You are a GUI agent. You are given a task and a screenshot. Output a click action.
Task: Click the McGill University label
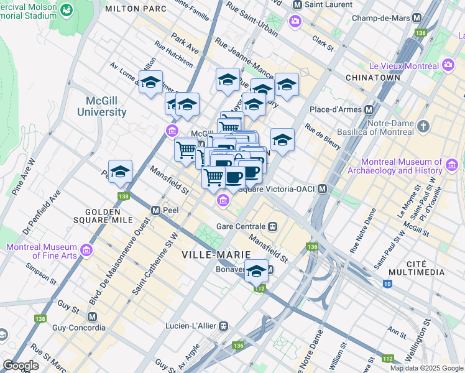(x=101, y=106)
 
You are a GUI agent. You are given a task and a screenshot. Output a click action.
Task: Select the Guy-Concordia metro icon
(x=93, y=316)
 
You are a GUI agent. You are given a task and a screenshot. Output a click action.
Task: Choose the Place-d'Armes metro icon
(x=369, y=110)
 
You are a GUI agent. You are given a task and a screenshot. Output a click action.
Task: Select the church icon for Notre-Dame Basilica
(x=424, y=127)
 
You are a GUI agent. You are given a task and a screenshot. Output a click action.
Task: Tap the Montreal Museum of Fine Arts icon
(x=86, y=251)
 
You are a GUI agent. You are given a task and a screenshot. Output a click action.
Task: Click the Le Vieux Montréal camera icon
(x=448, y=65)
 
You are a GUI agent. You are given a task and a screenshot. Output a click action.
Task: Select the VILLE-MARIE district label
(x=216, y=255)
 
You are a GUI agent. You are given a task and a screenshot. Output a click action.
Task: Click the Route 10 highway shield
(x=387, y=284)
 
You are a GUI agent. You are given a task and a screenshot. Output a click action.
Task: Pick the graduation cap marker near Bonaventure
(x=256, y=272)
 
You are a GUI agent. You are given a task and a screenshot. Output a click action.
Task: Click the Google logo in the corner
(x=21, y=366)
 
